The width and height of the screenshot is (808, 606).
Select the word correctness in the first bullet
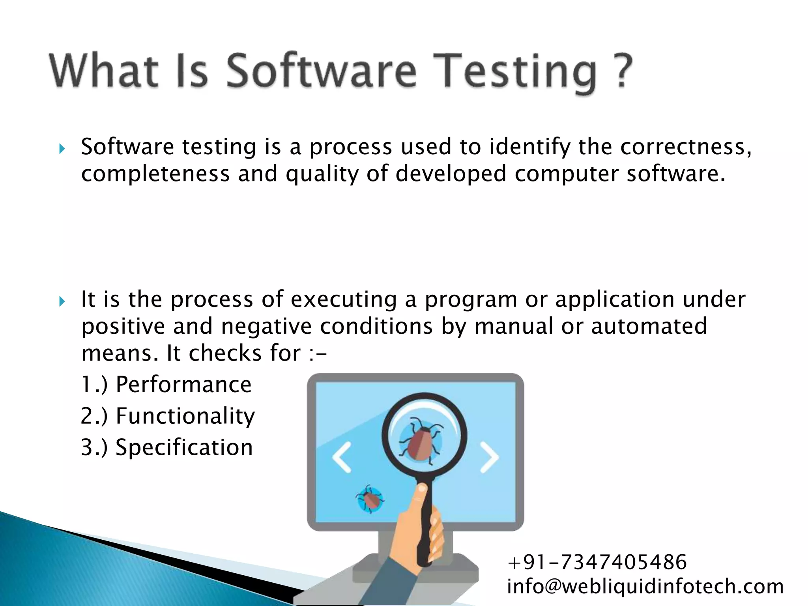pyautogui.click(x=685, y=147)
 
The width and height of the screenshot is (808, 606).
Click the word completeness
pyautogui.click(x=155, y=174)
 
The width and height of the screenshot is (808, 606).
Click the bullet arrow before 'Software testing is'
pyautogui.click(x=62, y=149)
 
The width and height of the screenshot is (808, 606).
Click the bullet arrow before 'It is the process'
pyautogui.click(x=62, y=302)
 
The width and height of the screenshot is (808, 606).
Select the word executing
pyautogui.click(x=344, y=300)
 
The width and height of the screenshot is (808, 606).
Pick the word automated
pyautogui.click(x=649, y=327)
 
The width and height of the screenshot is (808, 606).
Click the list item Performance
pyautogui.click(x=183, y=385)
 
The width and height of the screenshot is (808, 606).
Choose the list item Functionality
pyautogui.click(x=185, y=416)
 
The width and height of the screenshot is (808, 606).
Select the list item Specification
pyautogui.click(x=184, y=447)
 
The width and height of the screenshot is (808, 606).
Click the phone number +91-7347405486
pyautogui.click(x=597, y=562)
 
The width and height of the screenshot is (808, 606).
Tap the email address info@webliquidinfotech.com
pyautogui.click(x=645, y=586)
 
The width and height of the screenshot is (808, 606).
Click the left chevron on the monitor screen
pyautogui.click(x=342, y=457)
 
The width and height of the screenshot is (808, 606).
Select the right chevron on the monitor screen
pyautogui.click(x=489, y=457)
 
